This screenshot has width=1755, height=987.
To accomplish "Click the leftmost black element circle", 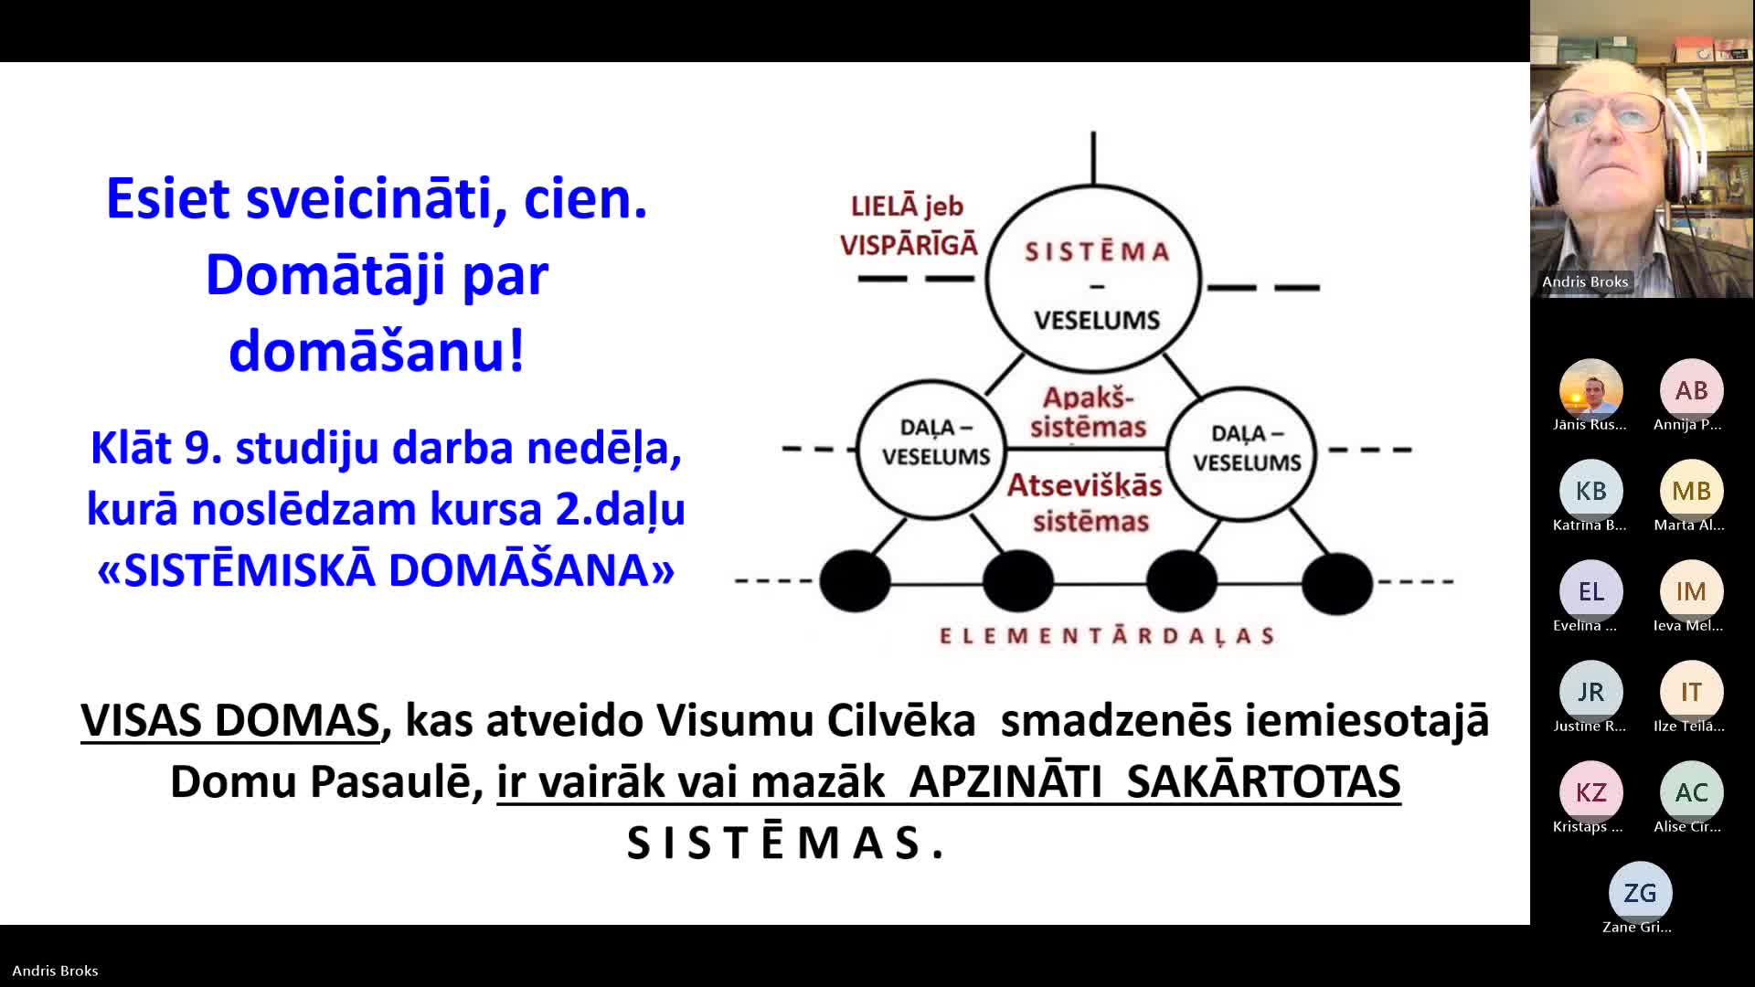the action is pos(855,580).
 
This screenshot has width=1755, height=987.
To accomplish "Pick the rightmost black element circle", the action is pos(1337,583).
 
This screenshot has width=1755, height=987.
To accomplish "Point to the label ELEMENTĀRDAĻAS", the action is pos(1107,636).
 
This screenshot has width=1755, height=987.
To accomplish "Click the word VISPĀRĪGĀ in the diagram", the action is pos(909,245).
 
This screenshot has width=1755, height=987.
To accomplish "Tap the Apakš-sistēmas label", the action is pos(1088,412).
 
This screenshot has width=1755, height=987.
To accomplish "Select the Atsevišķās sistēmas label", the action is pos(1086,503).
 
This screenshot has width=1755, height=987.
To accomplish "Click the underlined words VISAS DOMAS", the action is pos(230,720).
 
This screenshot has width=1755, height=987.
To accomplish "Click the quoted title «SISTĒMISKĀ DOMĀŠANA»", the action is pos(386,570).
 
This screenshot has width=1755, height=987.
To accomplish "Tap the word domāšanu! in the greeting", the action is pos(377,351).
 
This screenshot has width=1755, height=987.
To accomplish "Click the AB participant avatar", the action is pos(1691,390).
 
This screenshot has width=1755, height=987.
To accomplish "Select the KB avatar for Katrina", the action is pos(1590,491).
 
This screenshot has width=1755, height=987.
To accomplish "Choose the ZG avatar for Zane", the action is pos(1640,893).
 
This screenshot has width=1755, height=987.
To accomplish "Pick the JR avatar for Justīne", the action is pos(1590,692).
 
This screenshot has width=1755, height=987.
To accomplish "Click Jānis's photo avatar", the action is pos(1590,390).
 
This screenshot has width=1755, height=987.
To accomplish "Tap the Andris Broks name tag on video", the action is pos(1585,281).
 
